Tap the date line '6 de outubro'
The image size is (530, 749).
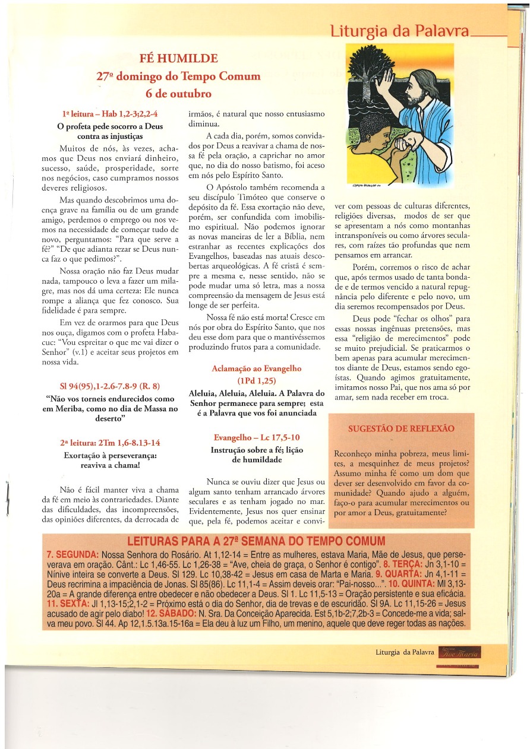coord(178,94)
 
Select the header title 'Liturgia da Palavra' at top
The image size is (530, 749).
coord(399,31)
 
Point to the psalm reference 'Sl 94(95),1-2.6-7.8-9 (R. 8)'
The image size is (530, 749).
coord(110,386)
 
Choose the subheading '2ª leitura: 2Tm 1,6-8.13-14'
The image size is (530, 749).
coord(110,443)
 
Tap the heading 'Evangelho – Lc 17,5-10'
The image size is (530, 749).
coord(257,437)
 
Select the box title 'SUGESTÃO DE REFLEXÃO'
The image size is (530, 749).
coord(401,428)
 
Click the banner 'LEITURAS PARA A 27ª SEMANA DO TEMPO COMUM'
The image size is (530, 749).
coord(256,541)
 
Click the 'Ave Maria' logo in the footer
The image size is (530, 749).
coord(459,653)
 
